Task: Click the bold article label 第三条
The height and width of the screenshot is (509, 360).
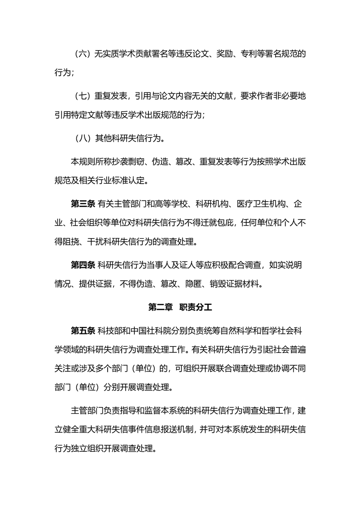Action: [83, 204]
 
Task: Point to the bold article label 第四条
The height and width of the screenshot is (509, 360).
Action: [83, 265]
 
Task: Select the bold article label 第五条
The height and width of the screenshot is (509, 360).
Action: [83, 330]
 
